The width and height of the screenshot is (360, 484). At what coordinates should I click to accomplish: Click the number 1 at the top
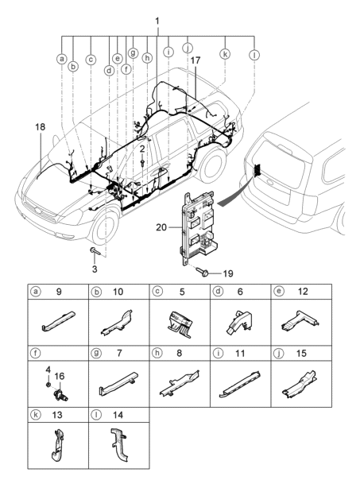157,19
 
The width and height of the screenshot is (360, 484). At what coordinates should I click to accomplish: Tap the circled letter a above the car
61,59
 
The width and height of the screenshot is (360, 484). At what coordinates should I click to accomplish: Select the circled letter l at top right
254,55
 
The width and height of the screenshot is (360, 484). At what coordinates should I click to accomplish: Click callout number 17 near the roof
195,81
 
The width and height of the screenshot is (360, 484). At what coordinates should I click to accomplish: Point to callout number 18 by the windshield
40,126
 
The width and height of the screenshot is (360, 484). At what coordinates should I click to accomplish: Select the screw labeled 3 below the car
93,253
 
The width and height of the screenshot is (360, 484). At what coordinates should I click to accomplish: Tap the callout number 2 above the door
141,149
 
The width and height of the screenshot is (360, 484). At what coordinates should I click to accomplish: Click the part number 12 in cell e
303,292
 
